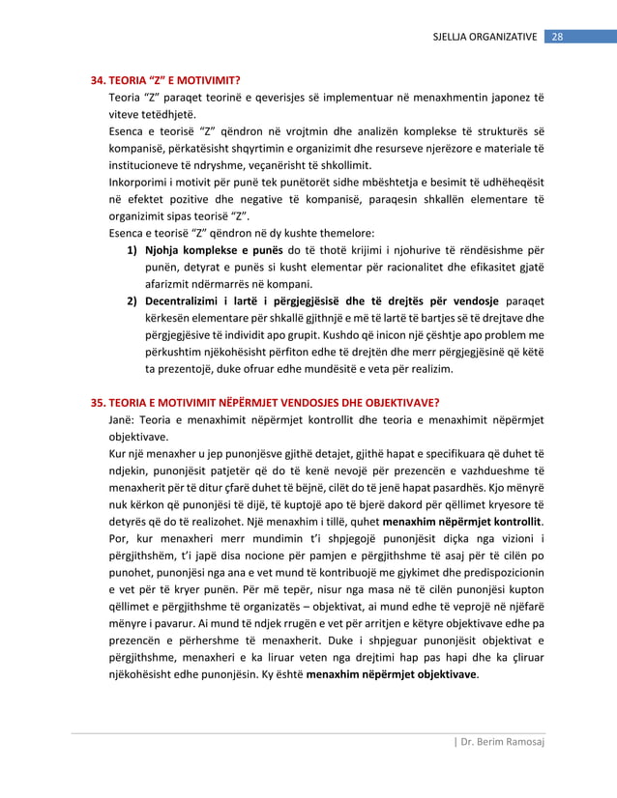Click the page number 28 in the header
coord(557,37)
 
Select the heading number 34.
coord(98,80)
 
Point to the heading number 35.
coord(98,403)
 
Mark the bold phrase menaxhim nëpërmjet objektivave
coord(392,674)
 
